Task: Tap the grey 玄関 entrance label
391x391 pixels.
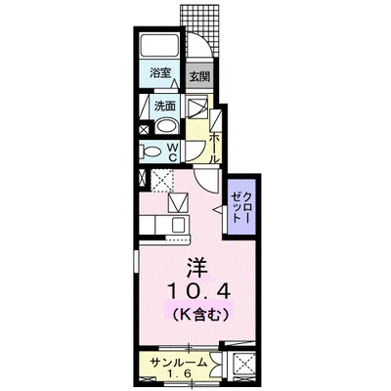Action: click(198, 74)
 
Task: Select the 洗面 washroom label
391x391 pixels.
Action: click(164, 106)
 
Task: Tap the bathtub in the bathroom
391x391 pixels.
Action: click(158, 47)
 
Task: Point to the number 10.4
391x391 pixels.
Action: click(197, 292)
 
